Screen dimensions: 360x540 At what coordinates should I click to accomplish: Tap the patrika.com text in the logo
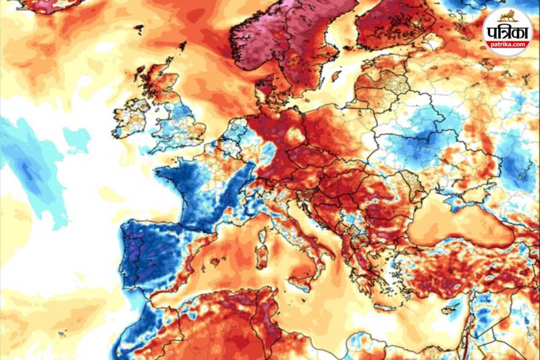(508, 45)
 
